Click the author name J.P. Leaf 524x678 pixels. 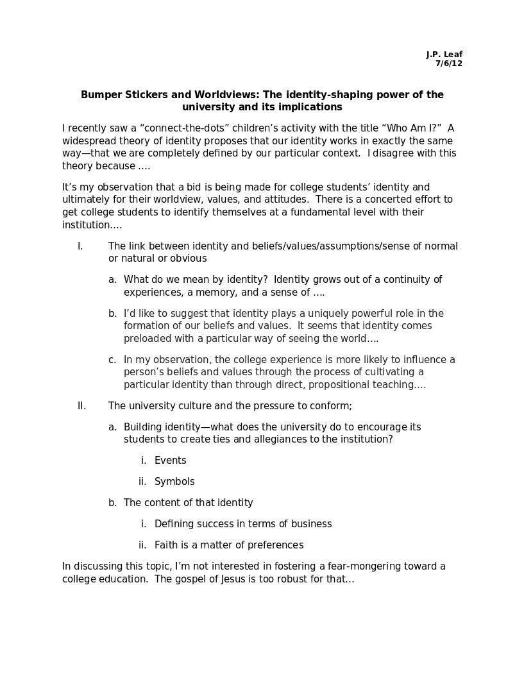(444, 55)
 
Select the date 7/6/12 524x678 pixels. (449, 64)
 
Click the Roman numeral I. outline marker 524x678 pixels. (80, 246)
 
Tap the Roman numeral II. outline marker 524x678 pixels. (81, 406)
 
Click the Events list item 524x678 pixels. (170, 461)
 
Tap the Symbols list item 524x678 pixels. (174, 482)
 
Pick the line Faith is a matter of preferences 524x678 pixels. (229, 545)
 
